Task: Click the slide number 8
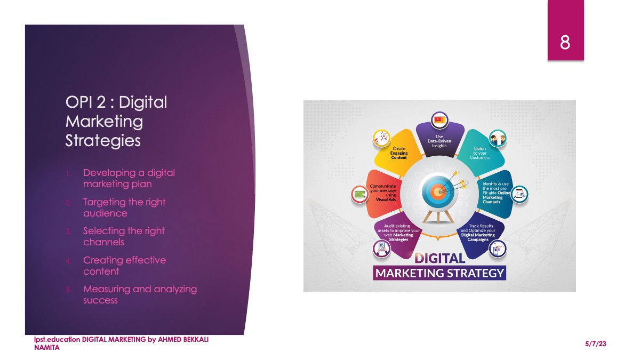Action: (565, 43)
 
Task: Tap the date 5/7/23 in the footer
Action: (596, 343)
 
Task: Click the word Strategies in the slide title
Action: (103, 141)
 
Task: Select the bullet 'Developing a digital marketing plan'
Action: (129, 178)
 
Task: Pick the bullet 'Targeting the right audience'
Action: (124, 207)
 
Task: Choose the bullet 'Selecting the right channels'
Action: (124, 237)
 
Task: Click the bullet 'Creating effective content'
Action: (125, 266)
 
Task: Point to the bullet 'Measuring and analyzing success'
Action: (140, 294)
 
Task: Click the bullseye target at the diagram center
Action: (437, 191)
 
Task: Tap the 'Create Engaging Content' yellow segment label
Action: (399, 153)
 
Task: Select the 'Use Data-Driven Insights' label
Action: (439, 141)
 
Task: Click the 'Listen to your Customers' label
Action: (479, 153)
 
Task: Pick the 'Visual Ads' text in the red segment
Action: (386, 199)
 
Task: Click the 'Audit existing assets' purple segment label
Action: (398, 233)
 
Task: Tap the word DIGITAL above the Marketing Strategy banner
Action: (439, 259)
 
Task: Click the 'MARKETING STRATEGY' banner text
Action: (439, 273)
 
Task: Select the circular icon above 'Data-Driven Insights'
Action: (439, 120)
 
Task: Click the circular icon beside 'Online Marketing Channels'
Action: (519, 194)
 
